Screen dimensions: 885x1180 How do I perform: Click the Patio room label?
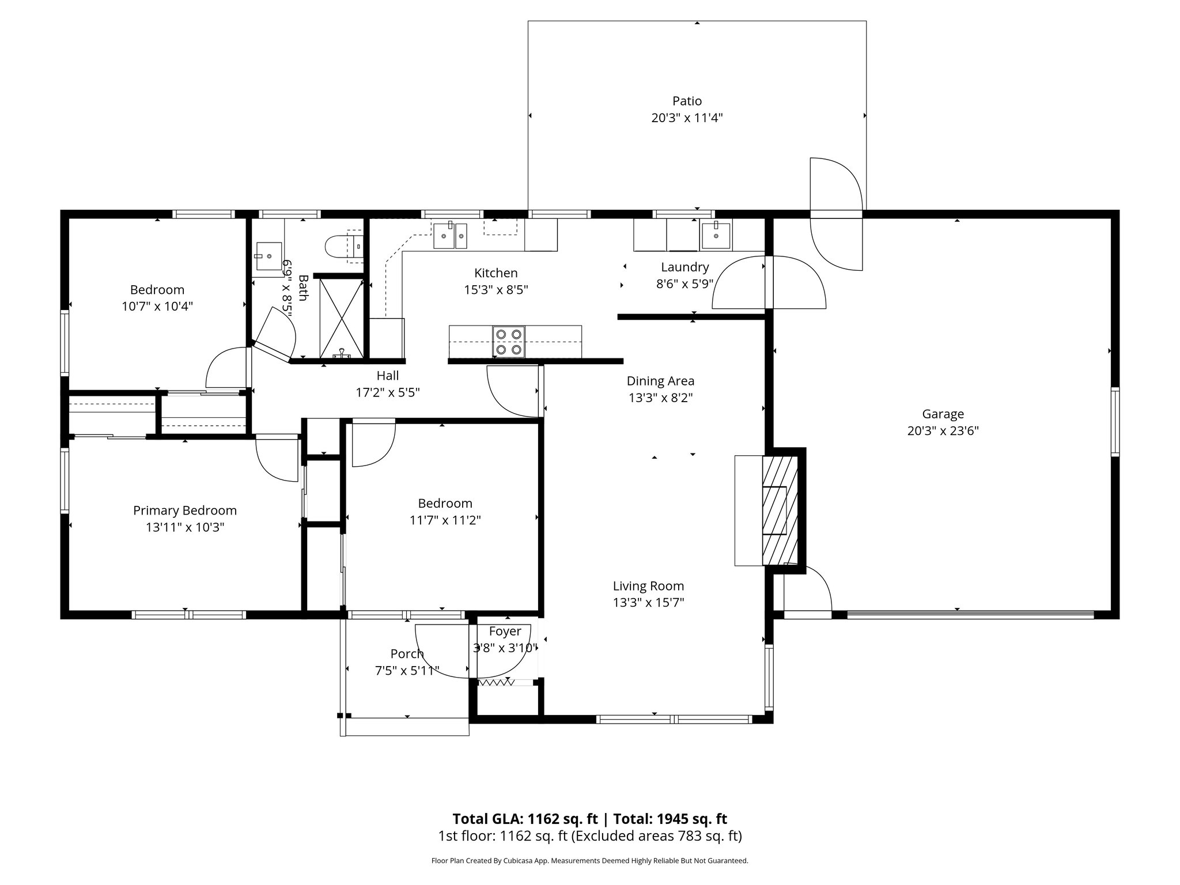tap(687, 101)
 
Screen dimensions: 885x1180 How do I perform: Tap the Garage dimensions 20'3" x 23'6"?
tap(943, 430)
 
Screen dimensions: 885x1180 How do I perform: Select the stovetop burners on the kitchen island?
tap(509, 342)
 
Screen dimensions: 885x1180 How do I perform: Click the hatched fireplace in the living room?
tap(780, 510)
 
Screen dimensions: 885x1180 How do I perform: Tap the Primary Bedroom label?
tap(185, 510)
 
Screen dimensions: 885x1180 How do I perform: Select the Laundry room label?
tap(684, 267)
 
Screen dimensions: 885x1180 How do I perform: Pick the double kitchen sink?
tap(451, 236)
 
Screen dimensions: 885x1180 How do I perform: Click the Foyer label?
tap(505, 631)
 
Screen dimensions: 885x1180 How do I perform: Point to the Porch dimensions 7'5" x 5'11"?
tap(407, 671)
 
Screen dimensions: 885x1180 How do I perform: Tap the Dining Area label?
tap(660, 381)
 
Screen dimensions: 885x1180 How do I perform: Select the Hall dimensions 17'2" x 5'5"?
tap(387, 393)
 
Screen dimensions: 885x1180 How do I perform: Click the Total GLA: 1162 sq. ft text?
tap(525, 819)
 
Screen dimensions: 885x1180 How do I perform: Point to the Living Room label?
tap(648, 586)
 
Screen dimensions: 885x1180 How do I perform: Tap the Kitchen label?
tap(496, 273)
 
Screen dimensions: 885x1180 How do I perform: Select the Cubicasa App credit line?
tap(589, 861)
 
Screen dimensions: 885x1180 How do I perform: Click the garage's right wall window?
tap(1115, 422)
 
